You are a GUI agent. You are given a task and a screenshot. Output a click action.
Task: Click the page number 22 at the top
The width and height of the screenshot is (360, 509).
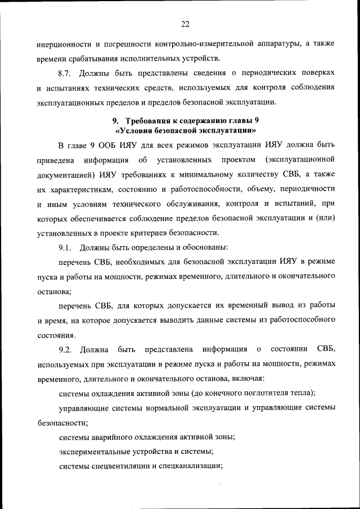point(185,24)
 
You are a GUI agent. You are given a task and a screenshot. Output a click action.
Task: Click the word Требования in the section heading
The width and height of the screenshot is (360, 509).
point(148,121)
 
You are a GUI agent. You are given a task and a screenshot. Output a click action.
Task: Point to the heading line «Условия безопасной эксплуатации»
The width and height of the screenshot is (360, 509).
point(185,130)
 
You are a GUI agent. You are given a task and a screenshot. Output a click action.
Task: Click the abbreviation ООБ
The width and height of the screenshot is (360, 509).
point(108,146)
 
